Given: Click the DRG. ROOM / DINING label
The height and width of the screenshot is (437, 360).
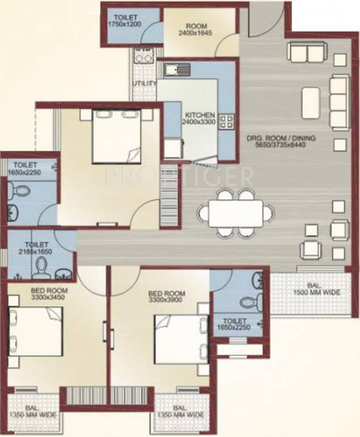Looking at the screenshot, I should click(x=281, y=141).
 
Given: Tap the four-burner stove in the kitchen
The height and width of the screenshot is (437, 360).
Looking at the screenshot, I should click(x=226, y=121).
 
